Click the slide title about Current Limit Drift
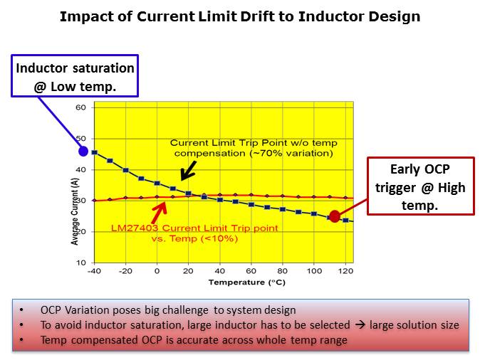(x=239, y=16)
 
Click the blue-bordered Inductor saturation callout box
(x=75, y=76)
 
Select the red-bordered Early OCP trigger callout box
(x=420, y=186)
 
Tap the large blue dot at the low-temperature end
(x=83, y=151)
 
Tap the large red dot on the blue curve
(x=335, y=216)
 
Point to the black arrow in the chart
(x=188, y=171)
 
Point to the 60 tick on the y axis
(x=80, y=107)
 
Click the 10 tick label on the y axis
(x=80, y=263)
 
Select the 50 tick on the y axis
(x=80, y=139)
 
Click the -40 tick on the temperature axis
(x=94, y=271)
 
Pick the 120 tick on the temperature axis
(x=345, y=271)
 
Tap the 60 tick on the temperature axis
(x=251, y=271)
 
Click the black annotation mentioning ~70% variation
(x=254, y=148)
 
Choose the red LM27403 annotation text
(x=194, y=233)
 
